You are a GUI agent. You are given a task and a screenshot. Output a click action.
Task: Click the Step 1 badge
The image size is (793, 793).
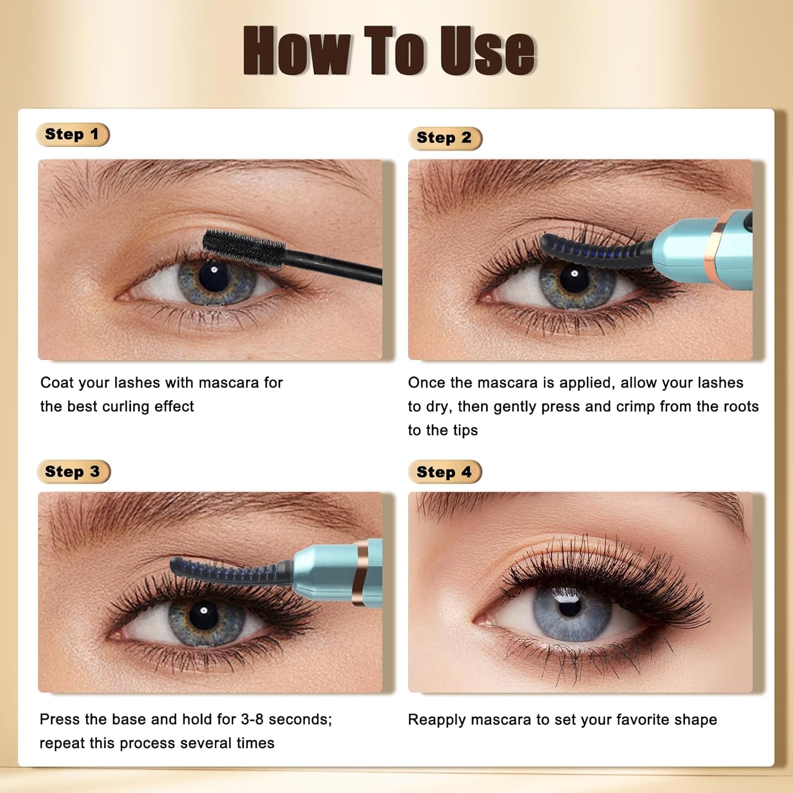72,134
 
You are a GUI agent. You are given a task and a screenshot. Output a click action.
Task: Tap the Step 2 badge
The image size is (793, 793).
445,138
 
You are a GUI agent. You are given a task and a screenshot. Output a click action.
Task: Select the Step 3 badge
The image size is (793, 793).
73,472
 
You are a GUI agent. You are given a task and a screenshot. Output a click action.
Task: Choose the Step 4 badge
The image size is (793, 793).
445,472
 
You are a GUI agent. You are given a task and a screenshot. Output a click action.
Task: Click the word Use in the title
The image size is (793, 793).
487,51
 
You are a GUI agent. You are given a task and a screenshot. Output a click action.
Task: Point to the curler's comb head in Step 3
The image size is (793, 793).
227,571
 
